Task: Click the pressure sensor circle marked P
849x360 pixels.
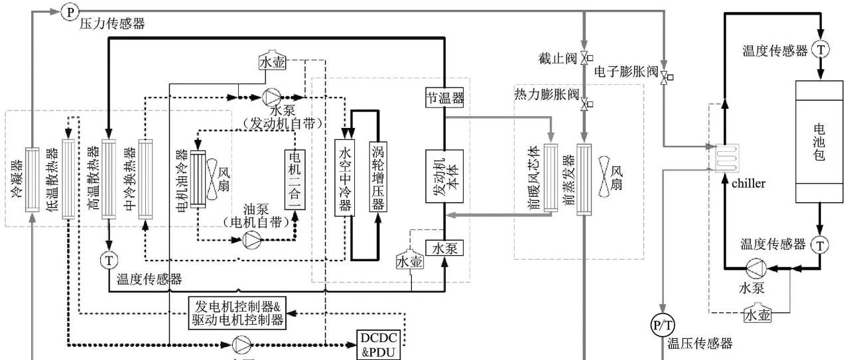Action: point(70,11)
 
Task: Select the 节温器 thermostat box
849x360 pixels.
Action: point(444,98)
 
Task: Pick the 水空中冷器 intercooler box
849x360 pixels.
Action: point(345,177)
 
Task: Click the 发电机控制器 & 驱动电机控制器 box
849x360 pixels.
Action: point(237,314)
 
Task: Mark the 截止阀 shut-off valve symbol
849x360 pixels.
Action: point(584,58)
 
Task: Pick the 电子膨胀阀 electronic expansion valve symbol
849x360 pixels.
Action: point(664,77)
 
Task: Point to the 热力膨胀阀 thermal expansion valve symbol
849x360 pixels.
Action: point(584,105)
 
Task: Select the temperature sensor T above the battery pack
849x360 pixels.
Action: point(820,50)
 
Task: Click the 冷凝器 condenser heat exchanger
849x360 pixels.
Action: point(33,179)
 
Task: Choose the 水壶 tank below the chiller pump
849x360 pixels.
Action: point(757,314)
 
